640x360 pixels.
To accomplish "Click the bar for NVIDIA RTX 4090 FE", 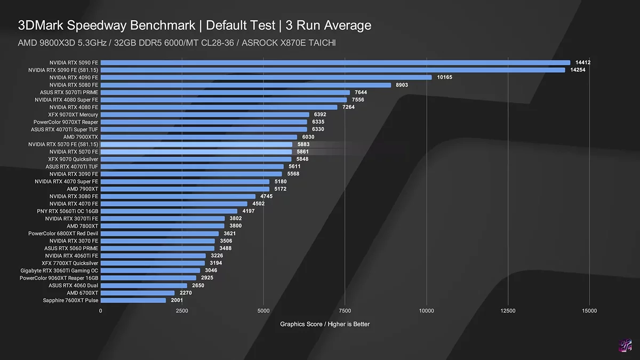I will click(266, 77).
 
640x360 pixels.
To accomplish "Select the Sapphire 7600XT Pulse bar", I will click(133, 300).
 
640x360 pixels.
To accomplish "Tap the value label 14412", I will click(583, 62).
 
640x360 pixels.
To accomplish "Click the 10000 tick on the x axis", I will click(426, 311).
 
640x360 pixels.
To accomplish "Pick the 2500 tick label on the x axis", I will click(182, 311).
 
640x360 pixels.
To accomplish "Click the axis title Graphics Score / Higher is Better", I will click(325, 324).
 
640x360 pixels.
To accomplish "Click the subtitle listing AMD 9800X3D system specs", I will click(177, 43).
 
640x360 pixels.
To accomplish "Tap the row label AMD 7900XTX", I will click(81, 137).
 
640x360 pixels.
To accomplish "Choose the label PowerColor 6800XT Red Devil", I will click(63, 234).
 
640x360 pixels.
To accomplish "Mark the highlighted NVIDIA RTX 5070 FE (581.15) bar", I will click(196, 145).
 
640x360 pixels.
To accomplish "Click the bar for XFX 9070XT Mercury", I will click(205, 115).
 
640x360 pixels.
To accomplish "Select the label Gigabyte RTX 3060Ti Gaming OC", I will click(59, 270).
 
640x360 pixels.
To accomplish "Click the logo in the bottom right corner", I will click(625, 345).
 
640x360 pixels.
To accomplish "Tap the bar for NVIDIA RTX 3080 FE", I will click(178, 196).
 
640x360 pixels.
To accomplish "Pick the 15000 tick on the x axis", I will click(589, 311).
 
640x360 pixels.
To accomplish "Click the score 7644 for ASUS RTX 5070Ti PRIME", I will click(361, 92).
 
